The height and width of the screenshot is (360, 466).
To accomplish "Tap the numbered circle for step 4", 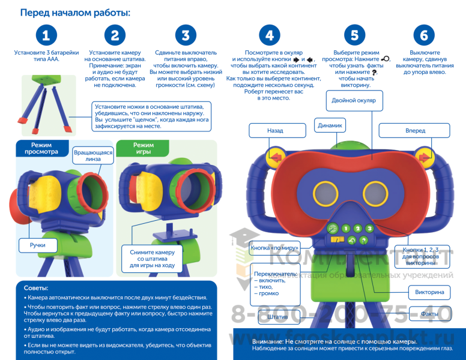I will click(x=270, y=35).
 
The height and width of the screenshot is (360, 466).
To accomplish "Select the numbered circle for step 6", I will click(x=424, y=35).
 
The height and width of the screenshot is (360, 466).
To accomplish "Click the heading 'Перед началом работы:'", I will click(x=75, y=13).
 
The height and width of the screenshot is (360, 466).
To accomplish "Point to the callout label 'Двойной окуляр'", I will click(x=354, y=100).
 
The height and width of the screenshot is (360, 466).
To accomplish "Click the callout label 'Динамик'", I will click(x=330, y=126).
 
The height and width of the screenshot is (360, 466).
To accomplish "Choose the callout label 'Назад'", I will click(x=274, y=131).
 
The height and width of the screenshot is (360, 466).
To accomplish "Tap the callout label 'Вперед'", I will click(x=415, y=131).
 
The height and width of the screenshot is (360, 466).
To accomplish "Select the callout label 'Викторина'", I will click(x=429, y=293).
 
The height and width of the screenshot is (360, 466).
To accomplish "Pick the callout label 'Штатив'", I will click(x=280, y=316).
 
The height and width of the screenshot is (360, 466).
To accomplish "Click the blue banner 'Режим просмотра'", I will click(x=37, y=148).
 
